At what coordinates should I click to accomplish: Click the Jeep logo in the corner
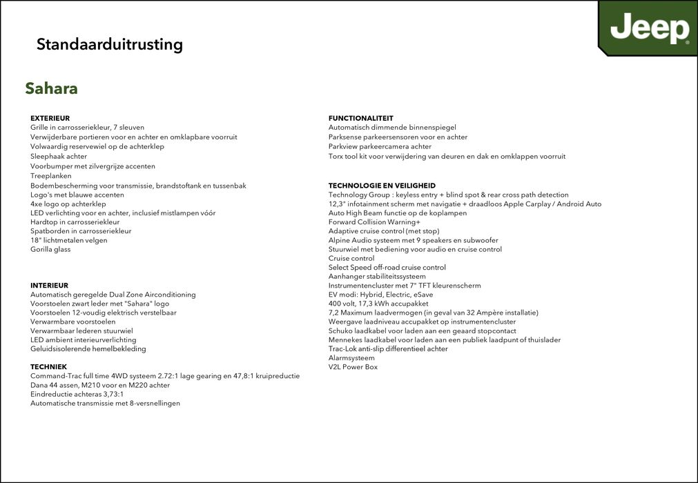(x=649, y=29)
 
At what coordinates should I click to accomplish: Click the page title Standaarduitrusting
(x=110, y=45)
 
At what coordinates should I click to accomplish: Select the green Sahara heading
(x=51, y=88)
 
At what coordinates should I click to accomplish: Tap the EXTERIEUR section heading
(x=50, y=118)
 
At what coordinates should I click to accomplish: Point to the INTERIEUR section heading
(x=49, y=285)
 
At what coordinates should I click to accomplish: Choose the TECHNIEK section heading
(x=48, y=366)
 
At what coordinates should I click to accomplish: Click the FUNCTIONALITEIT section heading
(x=360, y=118)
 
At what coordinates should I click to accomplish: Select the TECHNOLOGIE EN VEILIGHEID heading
(x=382, y=186)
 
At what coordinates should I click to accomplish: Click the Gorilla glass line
(x=50, y=249)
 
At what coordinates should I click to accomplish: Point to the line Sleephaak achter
(x=59, y=157)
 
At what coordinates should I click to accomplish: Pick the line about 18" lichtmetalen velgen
(x=69, y=240)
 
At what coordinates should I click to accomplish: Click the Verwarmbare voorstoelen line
(x=73, y=322)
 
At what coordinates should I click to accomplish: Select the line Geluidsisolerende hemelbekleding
(x=88, y=348)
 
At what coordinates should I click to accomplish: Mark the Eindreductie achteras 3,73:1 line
(x=77, y=394)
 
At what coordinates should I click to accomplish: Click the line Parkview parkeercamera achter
(x=380, y=146)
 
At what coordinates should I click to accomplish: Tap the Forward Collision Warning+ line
(x=374, y=222)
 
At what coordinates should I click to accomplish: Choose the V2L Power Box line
(x=353, y=367)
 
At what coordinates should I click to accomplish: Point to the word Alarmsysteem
(x=351, y=358)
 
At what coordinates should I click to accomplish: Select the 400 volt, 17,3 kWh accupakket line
(x=378, y=304)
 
